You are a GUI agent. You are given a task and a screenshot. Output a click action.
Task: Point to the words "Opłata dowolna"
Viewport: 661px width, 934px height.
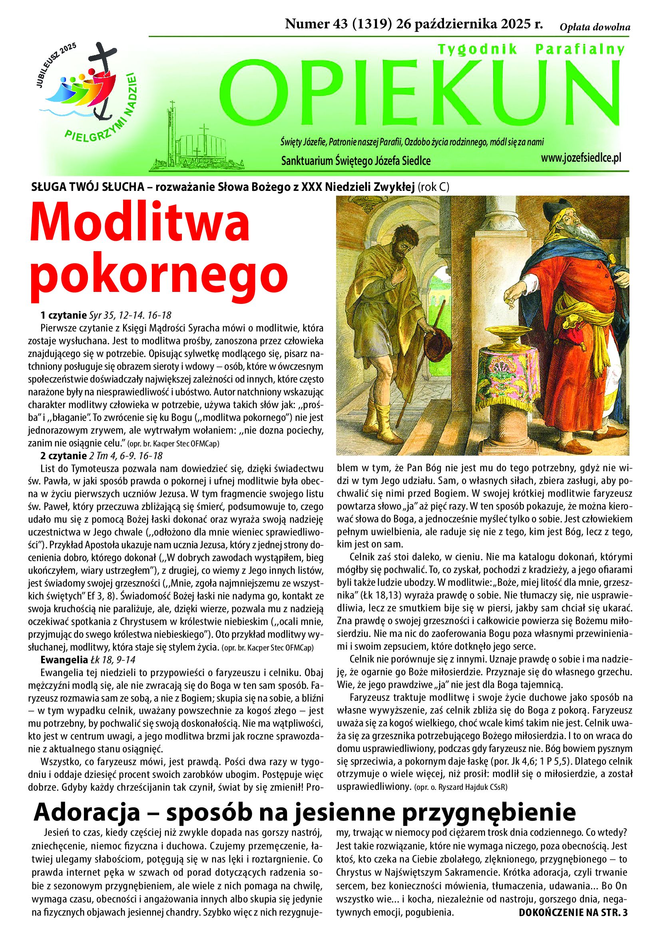point(595,27)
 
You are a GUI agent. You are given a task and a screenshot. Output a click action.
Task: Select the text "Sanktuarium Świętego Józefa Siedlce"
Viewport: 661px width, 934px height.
point(356,161)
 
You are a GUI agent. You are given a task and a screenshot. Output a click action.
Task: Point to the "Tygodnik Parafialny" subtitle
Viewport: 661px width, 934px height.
point(531,50)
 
